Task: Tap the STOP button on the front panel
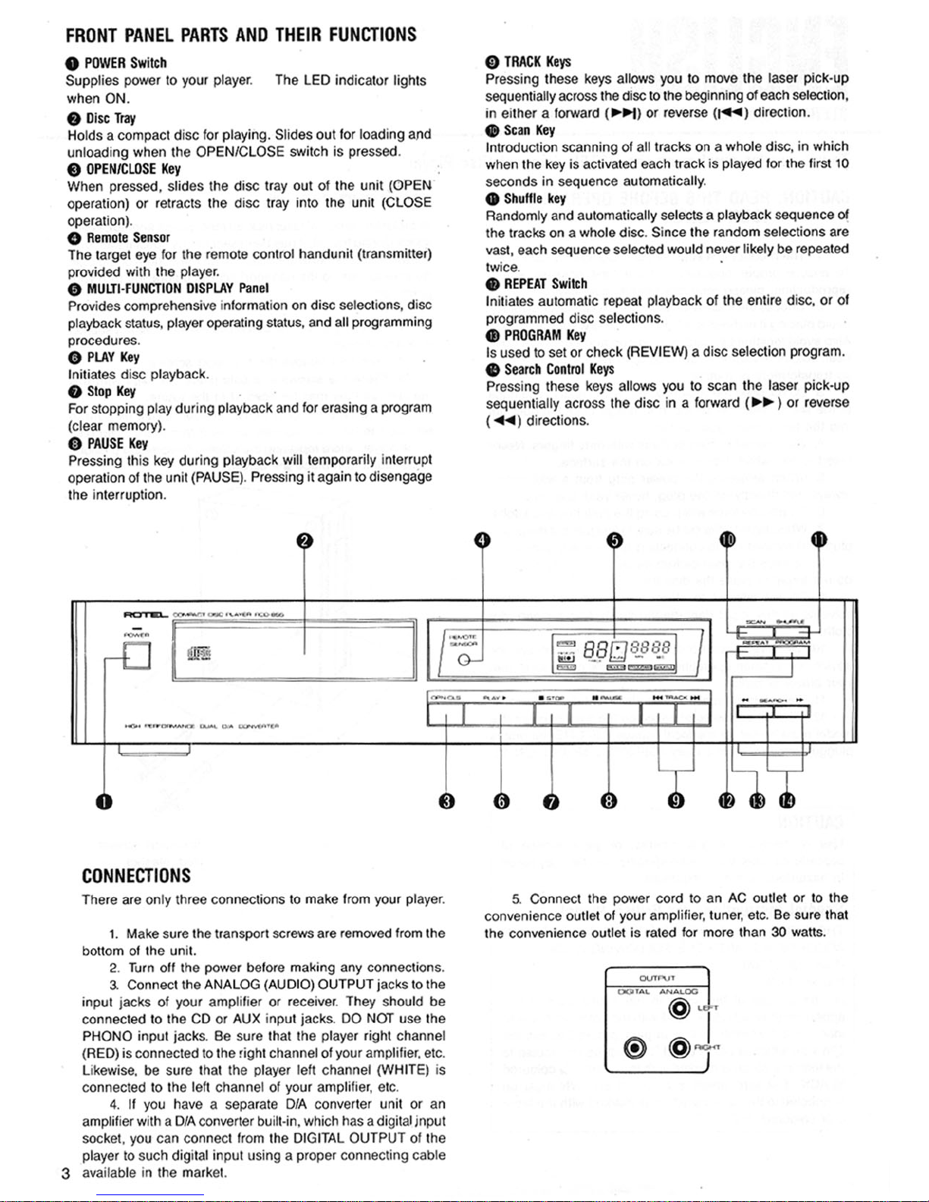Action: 552,714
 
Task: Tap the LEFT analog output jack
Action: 680,1009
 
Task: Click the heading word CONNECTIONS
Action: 136,876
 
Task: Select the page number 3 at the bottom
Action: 66,1174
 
